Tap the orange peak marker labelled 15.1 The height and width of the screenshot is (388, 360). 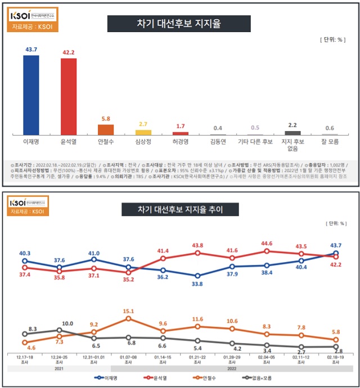(x=129, y=318)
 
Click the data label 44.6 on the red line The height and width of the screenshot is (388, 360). (x=267, y=243)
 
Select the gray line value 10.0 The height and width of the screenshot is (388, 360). (x=67, y=323)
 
